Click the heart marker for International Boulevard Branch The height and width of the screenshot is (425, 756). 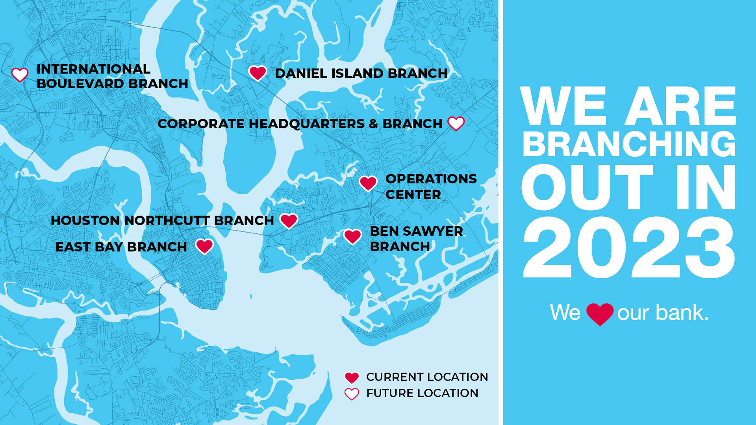20,74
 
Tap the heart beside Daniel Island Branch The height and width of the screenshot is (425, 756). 258,73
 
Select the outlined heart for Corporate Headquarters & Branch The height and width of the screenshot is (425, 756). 456,124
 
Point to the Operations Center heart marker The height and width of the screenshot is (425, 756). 368,183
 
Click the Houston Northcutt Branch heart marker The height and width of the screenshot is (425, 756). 289,221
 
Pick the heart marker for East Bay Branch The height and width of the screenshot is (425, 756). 205,246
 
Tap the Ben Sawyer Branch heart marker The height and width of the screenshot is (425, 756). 352,237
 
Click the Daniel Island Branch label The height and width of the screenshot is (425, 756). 361,73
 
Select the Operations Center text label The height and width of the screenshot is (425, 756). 431,187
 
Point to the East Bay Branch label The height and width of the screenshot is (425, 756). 121,247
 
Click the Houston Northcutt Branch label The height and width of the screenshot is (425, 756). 162,220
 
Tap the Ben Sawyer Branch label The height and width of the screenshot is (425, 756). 416,238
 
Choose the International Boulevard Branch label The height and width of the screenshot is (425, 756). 112,76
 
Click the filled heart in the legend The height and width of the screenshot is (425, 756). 352,378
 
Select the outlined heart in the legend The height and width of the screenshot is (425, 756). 352,394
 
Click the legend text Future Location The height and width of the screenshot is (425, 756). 422,393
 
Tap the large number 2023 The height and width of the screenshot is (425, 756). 629,248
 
